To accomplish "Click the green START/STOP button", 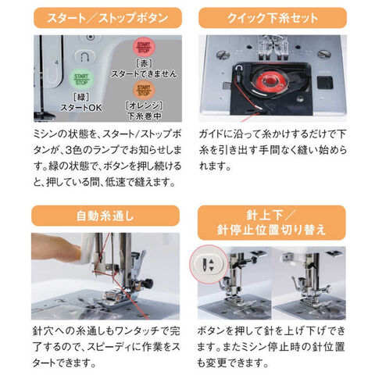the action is point(81,79).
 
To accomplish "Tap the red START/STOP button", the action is point(144,47).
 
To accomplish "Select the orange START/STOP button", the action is point(144,90).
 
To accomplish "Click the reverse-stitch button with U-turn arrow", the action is point(86,56).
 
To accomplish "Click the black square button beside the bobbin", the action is point(325,83).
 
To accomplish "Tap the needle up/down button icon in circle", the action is point(209,264).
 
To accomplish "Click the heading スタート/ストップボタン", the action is point(108,18).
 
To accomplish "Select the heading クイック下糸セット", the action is point(273,18).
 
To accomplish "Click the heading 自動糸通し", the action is point(105,216).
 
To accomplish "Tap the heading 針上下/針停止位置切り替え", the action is point(271,222).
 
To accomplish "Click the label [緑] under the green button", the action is point(81,97).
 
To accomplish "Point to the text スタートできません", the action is point(144,73).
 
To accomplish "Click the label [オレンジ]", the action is point(144,105).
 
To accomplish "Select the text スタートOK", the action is point(81,107).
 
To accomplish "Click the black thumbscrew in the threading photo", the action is point(148,283).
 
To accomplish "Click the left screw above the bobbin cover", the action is point(223,55).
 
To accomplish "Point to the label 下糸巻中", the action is point(144,116).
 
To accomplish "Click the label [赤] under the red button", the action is point(144,63).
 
